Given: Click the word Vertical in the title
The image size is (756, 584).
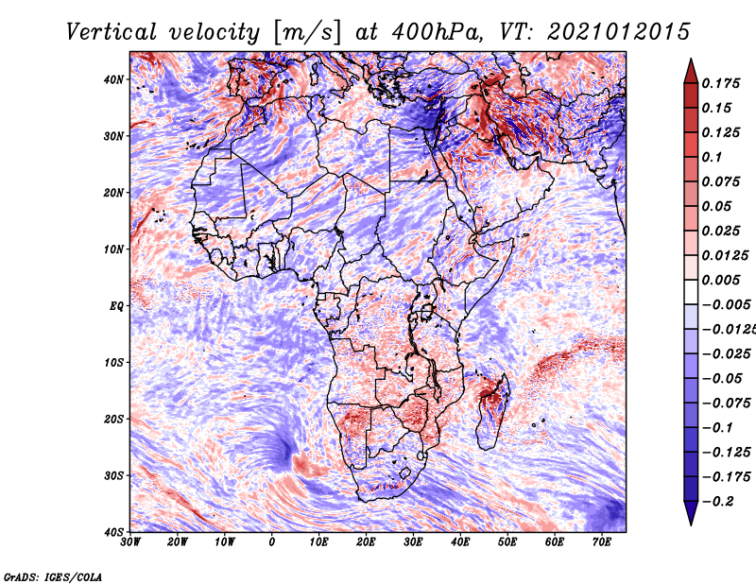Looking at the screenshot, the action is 112,32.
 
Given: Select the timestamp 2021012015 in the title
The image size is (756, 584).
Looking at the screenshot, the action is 619,32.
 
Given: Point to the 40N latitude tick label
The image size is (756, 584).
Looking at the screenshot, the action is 113,79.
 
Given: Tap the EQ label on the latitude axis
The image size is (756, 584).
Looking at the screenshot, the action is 116,306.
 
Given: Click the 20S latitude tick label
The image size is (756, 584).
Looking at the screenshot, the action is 113,419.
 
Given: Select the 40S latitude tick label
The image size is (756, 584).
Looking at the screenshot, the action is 113,532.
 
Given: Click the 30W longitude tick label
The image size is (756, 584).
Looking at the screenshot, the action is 130,542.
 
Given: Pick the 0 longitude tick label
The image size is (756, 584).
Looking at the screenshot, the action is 272,542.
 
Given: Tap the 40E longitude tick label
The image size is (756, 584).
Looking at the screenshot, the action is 460,542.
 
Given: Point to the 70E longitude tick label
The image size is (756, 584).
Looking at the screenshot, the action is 602,542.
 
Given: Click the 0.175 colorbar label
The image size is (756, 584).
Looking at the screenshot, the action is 721,83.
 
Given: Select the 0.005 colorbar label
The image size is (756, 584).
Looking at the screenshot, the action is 721,280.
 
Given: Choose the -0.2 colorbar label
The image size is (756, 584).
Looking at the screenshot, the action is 717,502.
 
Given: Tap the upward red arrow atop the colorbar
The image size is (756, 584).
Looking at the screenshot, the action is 691,72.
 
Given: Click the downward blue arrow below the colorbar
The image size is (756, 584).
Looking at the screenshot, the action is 691,513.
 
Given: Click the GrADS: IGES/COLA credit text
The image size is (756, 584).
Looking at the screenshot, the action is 53,576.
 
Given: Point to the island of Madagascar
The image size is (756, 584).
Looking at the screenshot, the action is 492,411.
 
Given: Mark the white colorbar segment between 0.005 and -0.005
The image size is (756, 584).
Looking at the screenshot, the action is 691,292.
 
